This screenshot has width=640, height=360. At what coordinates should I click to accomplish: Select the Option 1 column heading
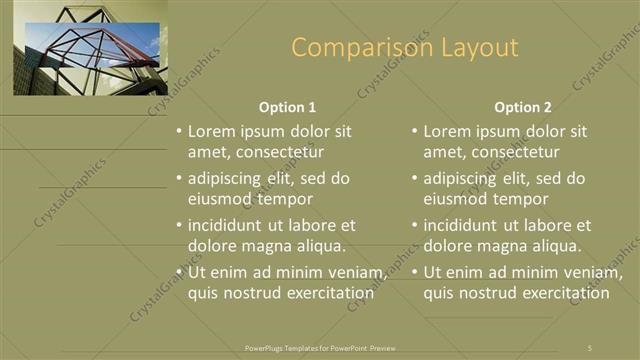tap(287, 107)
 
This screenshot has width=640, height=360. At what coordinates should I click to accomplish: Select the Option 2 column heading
tap(522, 107)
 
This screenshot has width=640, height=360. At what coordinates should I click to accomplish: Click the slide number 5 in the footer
tap(589, 347)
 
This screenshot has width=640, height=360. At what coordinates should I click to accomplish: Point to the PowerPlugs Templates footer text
tap(320, 347)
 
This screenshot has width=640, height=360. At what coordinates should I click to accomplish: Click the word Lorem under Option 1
tap(213, 131)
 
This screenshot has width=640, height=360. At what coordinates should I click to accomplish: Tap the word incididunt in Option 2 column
tap(464, 225)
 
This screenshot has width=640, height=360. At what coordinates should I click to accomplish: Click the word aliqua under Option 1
tap(321, 246)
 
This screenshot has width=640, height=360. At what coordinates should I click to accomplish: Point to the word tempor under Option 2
tap(525, 199)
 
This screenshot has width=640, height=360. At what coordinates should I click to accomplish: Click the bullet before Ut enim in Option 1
tap(179, 272)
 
